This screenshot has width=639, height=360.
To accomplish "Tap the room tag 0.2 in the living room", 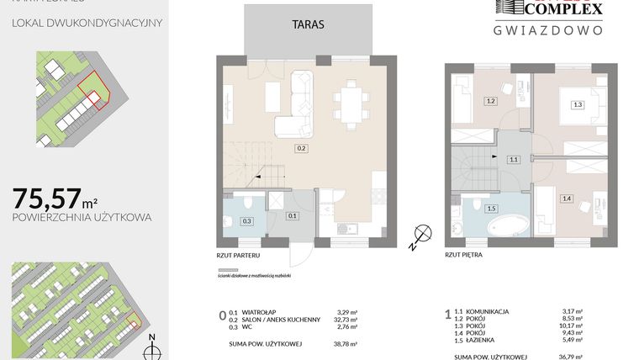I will (300, 149).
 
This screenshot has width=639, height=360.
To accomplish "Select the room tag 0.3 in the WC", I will (246, 221).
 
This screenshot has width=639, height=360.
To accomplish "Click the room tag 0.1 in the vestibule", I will (292, 216).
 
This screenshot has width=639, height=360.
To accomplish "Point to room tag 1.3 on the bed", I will (576, 105).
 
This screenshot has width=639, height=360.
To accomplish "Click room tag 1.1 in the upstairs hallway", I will (515, 159).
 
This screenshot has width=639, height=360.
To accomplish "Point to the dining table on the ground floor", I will (349, 106).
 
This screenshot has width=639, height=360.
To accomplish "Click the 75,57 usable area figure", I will (45, 199).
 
